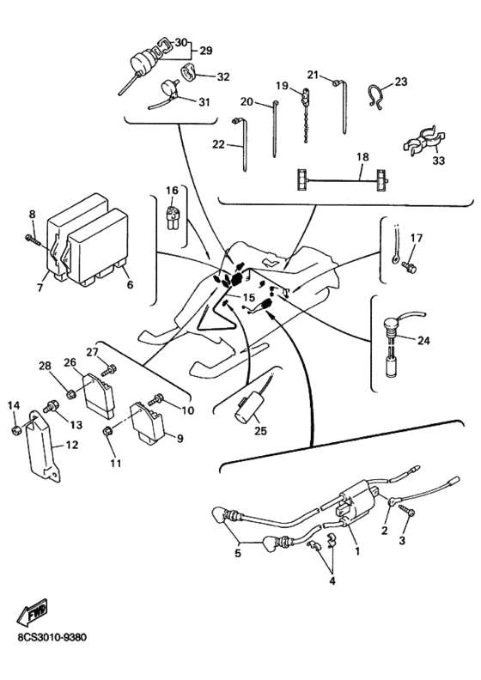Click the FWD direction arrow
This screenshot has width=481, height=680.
tap(32, 613)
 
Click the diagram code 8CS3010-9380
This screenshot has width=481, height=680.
tap(52, 637)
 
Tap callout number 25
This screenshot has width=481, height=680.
tap(260, 431)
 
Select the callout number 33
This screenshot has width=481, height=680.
tap(439, 161)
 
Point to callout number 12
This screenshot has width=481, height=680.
tap(72, 445)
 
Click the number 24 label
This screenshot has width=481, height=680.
tap(423, 341)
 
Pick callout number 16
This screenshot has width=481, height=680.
tap(172, 191)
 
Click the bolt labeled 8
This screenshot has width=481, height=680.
tap(33, 240)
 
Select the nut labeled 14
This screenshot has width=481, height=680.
tap(15, 430)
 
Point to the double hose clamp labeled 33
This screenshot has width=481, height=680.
tap(423, 141)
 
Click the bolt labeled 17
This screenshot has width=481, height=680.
tap(409, 267)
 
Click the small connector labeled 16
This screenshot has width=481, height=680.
tap(173, 215)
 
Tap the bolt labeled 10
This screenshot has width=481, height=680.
tap(155, 399)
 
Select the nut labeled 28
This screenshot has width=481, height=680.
tap(70, 394)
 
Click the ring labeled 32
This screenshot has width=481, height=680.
tap(188, 70)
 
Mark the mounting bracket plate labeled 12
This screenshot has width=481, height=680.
tap(43, 446)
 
